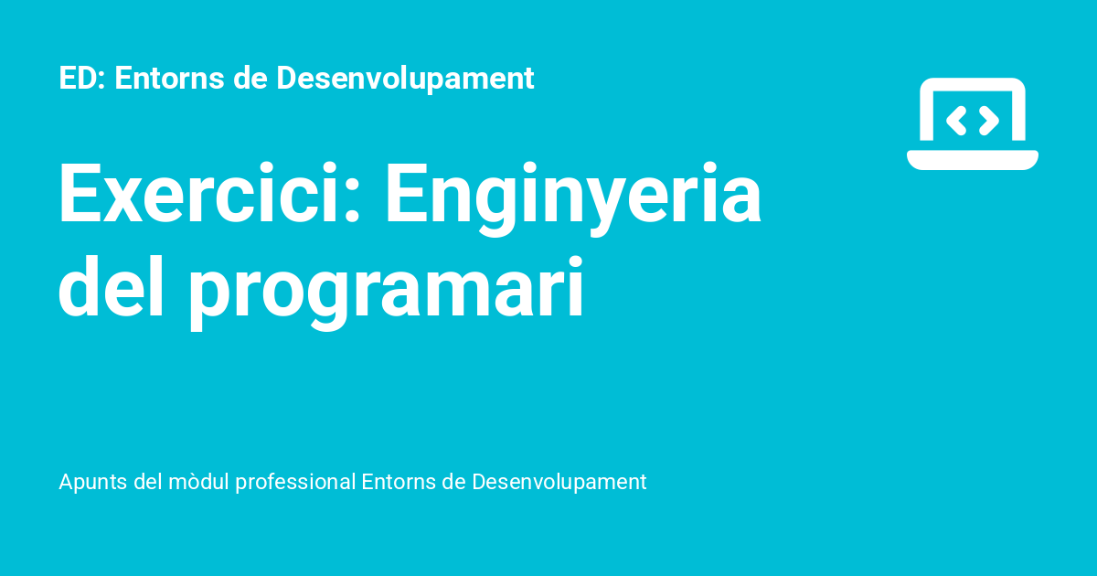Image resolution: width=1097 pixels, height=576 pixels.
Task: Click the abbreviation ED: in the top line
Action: pos(83,79)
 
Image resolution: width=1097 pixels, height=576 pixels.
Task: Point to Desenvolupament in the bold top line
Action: pos(405,80)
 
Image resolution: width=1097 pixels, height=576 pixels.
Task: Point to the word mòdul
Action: pos(199,481)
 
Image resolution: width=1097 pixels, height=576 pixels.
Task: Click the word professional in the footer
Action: pos(295,482)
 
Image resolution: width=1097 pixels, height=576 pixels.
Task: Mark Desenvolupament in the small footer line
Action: pos(559,482)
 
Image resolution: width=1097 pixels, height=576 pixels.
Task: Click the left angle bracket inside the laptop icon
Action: pos(956,119)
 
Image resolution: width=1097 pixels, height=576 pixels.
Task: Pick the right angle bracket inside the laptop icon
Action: pos(989,119)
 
